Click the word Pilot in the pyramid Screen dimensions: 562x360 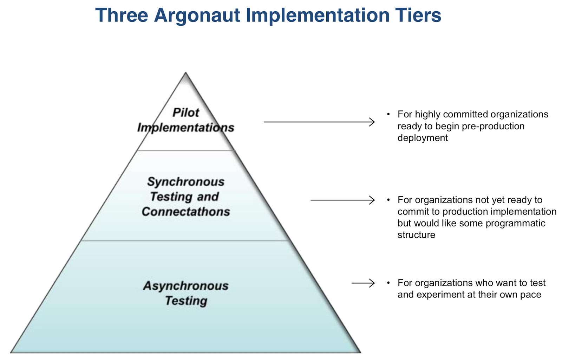pyautogui.click(x=186, y=112)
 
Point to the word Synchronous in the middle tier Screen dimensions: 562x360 pyautogui.click(x=186, y=182)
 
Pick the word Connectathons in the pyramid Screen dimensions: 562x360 pyautogui.click(x=186, y=212)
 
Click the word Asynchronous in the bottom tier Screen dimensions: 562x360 pyautogui.click(x=186, y=286)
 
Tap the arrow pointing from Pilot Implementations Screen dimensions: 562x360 pyautogui.click(x=319, y=122)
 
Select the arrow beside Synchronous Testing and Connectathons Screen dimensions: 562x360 pyautogui.click(x=342, y=200)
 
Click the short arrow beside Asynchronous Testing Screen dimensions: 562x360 pyautogui.click(x=363, y=283)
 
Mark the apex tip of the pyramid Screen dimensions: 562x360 pyautogui.click(x=186, y=73)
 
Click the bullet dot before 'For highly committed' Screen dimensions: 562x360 pyautogui.click(x=388, y=114)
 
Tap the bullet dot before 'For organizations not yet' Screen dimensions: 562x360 pyautogui.click(x=388, y=200)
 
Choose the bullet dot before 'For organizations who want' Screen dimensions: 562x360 pyautogui.click(x=388, y=283)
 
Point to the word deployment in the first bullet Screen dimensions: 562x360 pyautogui.click(x=423, y=138)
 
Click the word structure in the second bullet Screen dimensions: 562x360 pyautogui.click(x=416, y=235)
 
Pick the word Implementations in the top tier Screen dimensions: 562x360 pyautogui.click(x=186, y=128)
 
